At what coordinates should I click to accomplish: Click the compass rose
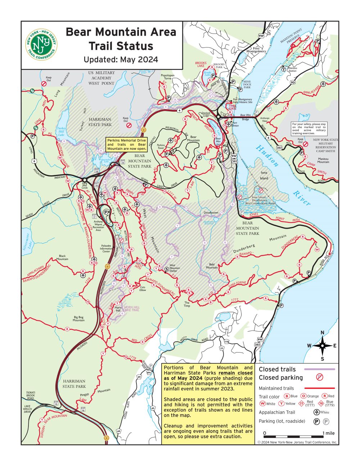click(x=322, y=346)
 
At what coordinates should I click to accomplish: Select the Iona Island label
click(x=264, y=175)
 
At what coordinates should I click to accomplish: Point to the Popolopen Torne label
click(x=167, y=77)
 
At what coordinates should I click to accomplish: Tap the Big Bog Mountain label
click(x=78, y=318)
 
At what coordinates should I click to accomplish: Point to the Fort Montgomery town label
click(x=256, y=50)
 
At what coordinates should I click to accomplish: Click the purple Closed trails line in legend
click(x=319, y=369)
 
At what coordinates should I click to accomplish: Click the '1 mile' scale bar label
click(x=328, y=433)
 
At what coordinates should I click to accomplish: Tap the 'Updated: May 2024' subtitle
click(x=121, y=59)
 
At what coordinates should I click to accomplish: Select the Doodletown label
click(x=211, y=212)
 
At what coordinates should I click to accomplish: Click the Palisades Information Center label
click(x=106, y=249)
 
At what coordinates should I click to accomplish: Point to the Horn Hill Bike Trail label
click(x=131, y=309)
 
